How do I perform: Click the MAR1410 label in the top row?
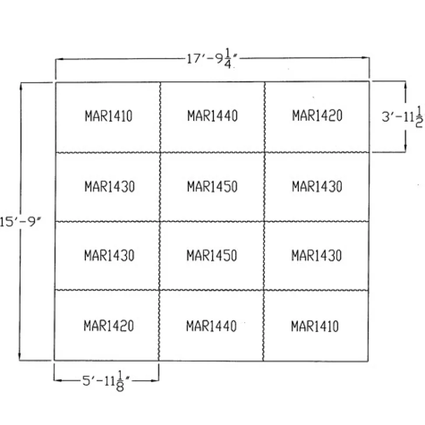point(109,116)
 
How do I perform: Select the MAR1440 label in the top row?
point(212,116)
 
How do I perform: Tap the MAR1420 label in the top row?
point(317,116)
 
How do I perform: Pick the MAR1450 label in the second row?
point(212,186)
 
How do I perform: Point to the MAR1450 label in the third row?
point(212,255)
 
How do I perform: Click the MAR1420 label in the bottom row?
point(109,326)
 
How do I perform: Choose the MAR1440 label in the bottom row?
point(212,326)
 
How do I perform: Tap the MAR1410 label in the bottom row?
point(315,326)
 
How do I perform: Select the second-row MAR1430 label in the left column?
point(110,186)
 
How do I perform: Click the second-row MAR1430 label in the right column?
point(317,186)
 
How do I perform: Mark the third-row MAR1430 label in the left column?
point(110,255)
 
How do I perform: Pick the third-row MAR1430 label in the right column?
point(316,255)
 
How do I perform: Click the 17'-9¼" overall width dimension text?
point(212,59)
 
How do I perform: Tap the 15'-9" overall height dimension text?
point(20,222)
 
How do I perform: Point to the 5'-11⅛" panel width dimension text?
point(106,381)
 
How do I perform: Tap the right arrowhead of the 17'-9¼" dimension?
point(365,58)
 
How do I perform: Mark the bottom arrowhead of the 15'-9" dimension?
point(20,356)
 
